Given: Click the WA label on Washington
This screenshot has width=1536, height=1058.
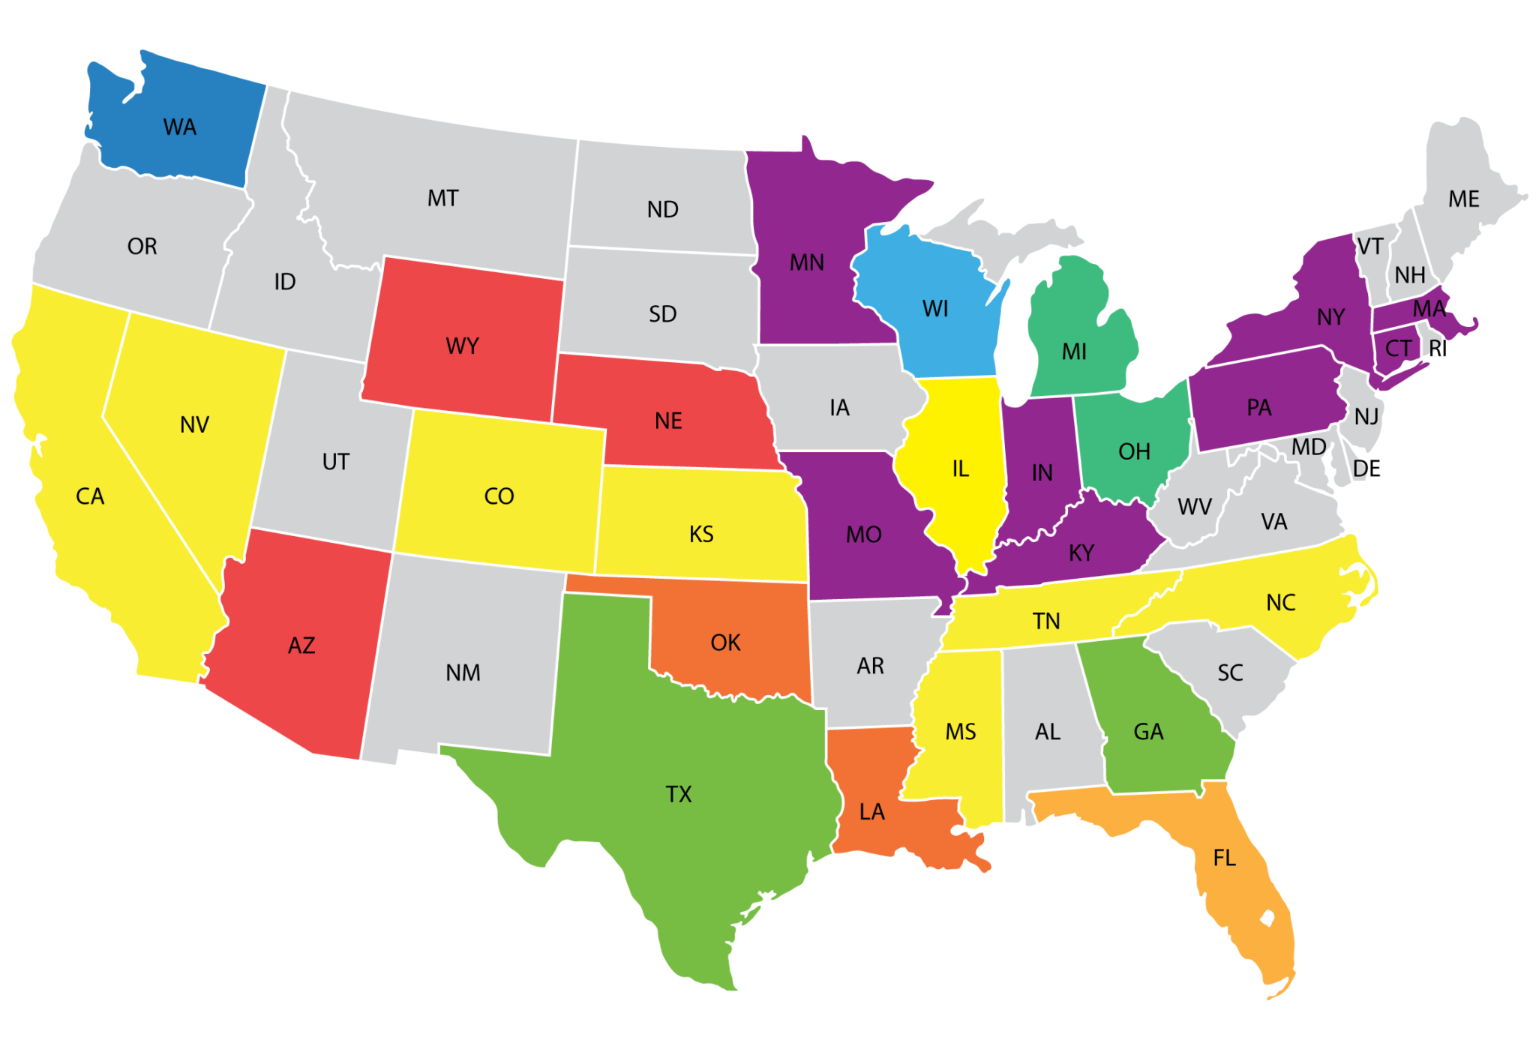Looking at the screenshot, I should (x=180, y=127).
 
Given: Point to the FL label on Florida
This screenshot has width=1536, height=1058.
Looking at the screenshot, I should (x=1224, y=857).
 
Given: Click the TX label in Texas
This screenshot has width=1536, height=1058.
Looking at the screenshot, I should (x=679, y=794).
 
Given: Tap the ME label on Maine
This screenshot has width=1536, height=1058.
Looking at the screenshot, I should (x=1463, y=199).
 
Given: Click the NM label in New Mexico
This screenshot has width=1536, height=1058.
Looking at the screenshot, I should (x=463, y=673).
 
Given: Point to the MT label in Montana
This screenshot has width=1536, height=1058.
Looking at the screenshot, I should (x=442, y=198).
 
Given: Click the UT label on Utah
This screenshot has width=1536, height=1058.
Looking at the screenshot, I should (x=335, y=461).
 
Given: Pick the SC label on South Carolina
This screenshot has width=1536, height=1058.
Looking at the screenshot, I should (x=1230, y=673).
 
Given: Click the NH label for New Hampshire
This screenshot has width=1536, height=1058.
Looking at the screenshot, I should (x=1410, y=275).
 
